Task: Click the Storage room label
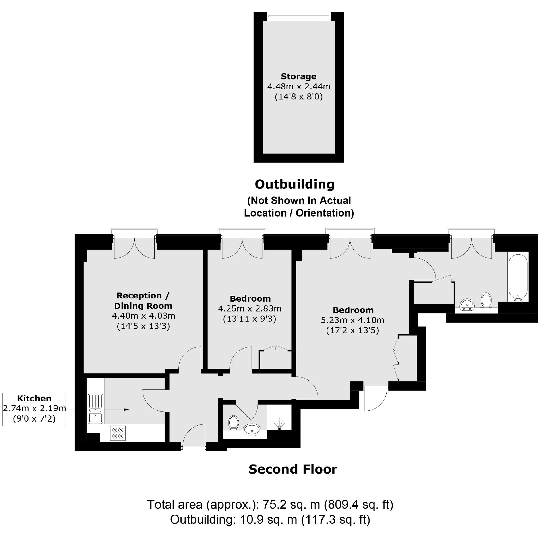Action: [298, 76]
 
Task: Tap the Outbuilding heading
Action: [295, 185]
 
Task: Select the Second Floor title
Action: [293, 469]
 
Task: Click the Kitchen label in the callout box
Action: [34, 398]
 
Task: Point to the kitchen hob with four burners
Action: [118, 433]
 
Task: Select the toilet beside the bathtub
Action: [486, 300]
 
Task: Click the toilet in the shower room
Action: [233, 422]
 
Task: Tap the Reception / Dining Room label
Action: [143, 301]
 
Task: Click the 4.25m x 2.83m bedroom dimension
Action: [250, 309]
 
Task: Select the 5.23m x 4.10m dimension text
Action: [353, 320]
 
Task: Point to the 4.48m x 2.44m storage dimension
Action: [299, 86]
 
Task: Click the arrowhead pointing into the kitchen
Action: [127, 410]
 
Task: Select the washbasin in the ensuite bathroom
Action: [467, 304]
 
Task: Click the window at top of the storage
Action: [298, 16]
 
